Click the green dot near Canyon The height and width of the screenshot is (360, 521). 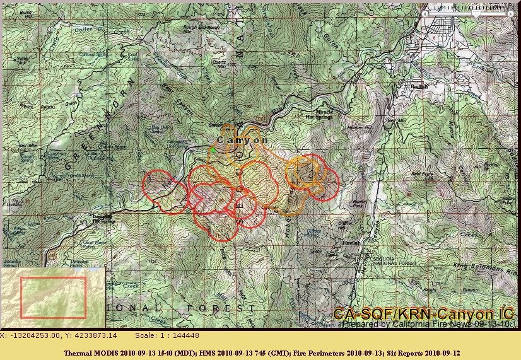[213, 150]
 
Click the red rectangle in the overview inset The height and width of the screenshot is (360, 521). [53, 297]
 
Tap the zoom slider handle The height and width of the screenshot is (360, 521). [477, 11]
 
